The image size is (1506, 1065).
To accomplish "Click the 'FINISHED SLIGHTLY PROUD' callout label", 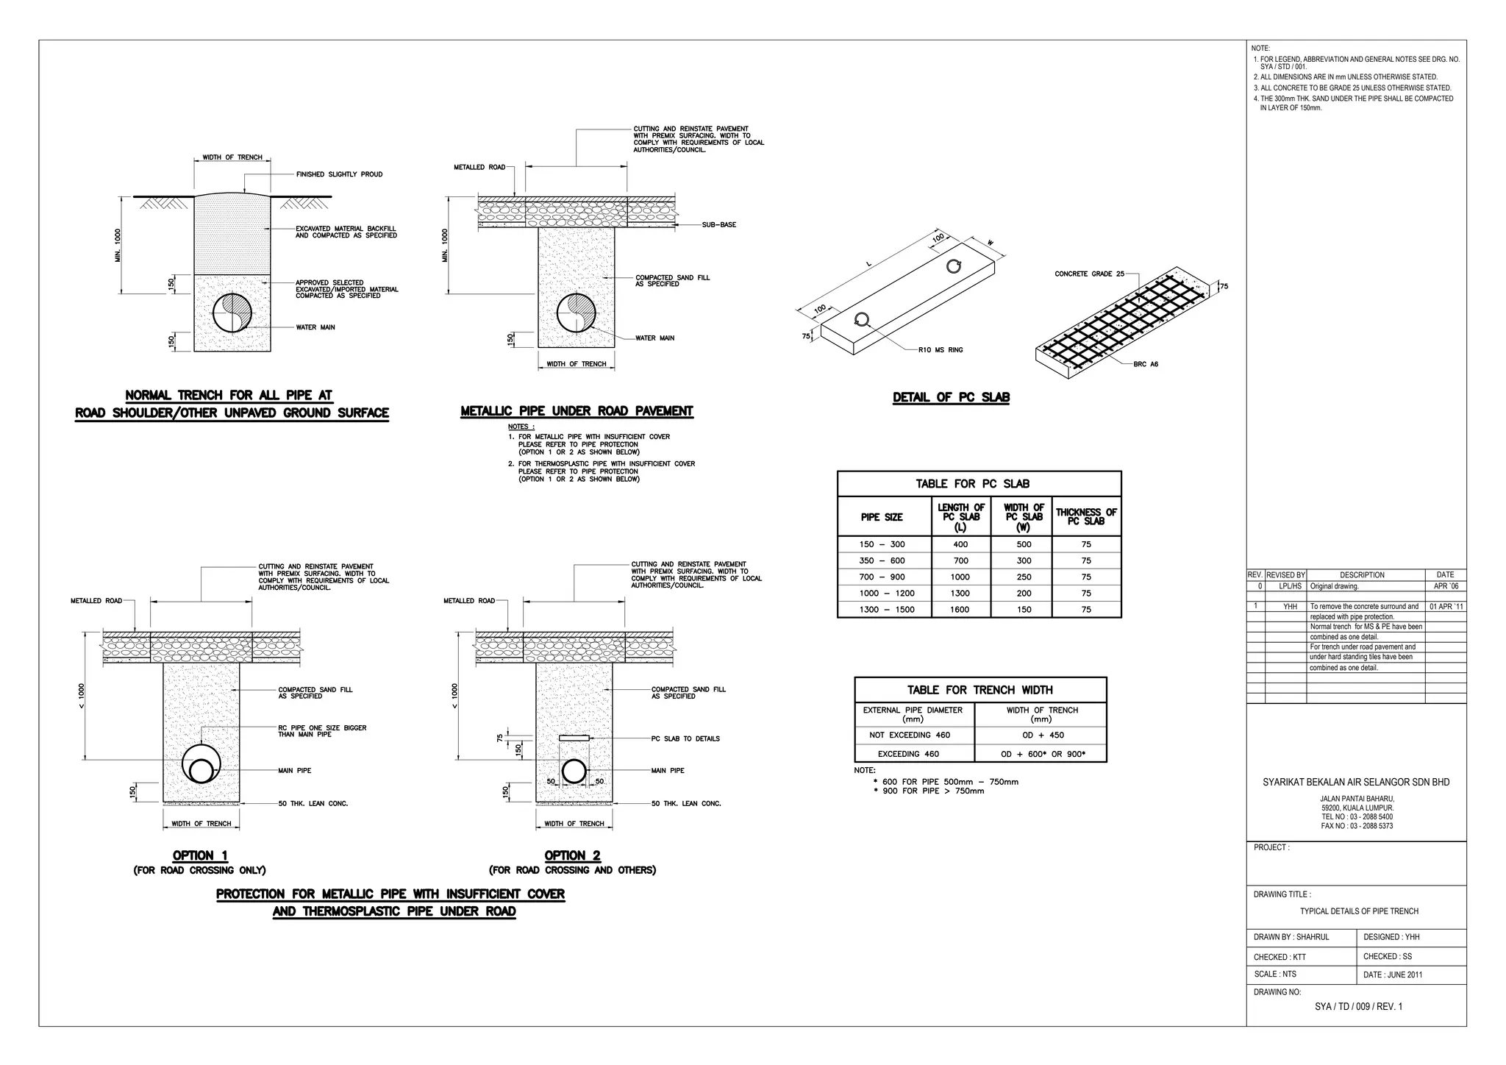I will click(x=339, y=174).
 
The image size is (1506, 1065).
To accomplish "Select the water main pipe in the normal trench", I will click(x=232, y=313).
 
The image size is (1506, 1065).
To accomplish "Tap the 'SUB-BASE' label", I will click(x=718, y=224).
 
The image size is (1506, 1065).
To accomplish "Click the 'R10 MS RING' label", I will click(x=941, y=350).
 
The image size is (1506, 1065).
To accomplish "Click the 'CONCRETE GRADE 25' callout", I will click(x=1089, y=274).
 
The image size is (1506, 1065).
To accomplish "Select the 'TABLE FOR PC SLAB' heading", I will click(x=972, y=483).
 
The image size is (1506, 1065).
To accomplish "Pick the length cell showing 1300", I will click(x=960, y=593).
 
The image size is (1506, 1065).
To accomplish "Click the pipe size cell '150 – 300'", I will click(x=882, y=544).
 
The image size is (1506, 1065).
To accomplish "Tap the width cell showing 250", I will click(x=1024, y=577).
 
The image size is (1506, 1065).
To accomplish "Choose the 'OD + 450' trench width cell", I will click(x=1042, y=735).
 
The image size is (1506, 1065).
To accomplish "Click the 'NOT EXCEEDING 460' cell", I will click(x=910, y=735).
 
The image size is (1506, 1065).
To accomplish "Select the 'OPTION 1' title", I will click(x=200, y=855).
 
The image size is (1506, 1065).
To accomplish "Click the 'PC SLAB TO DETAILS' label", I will click(x=685, y=738).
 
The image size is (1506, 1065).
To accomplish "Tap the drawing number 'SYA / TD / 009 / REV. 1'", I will click(x=1358, y=1006).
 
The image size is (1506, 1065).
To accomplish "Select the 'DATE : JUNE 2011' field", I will click(x=1393, y=975).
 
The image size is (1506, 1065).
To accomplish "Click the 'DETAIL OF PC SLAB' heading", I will click(x=951, y=397).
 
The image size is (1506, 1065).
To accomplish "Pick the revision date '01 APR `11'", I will click(x=1446, y=607).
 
